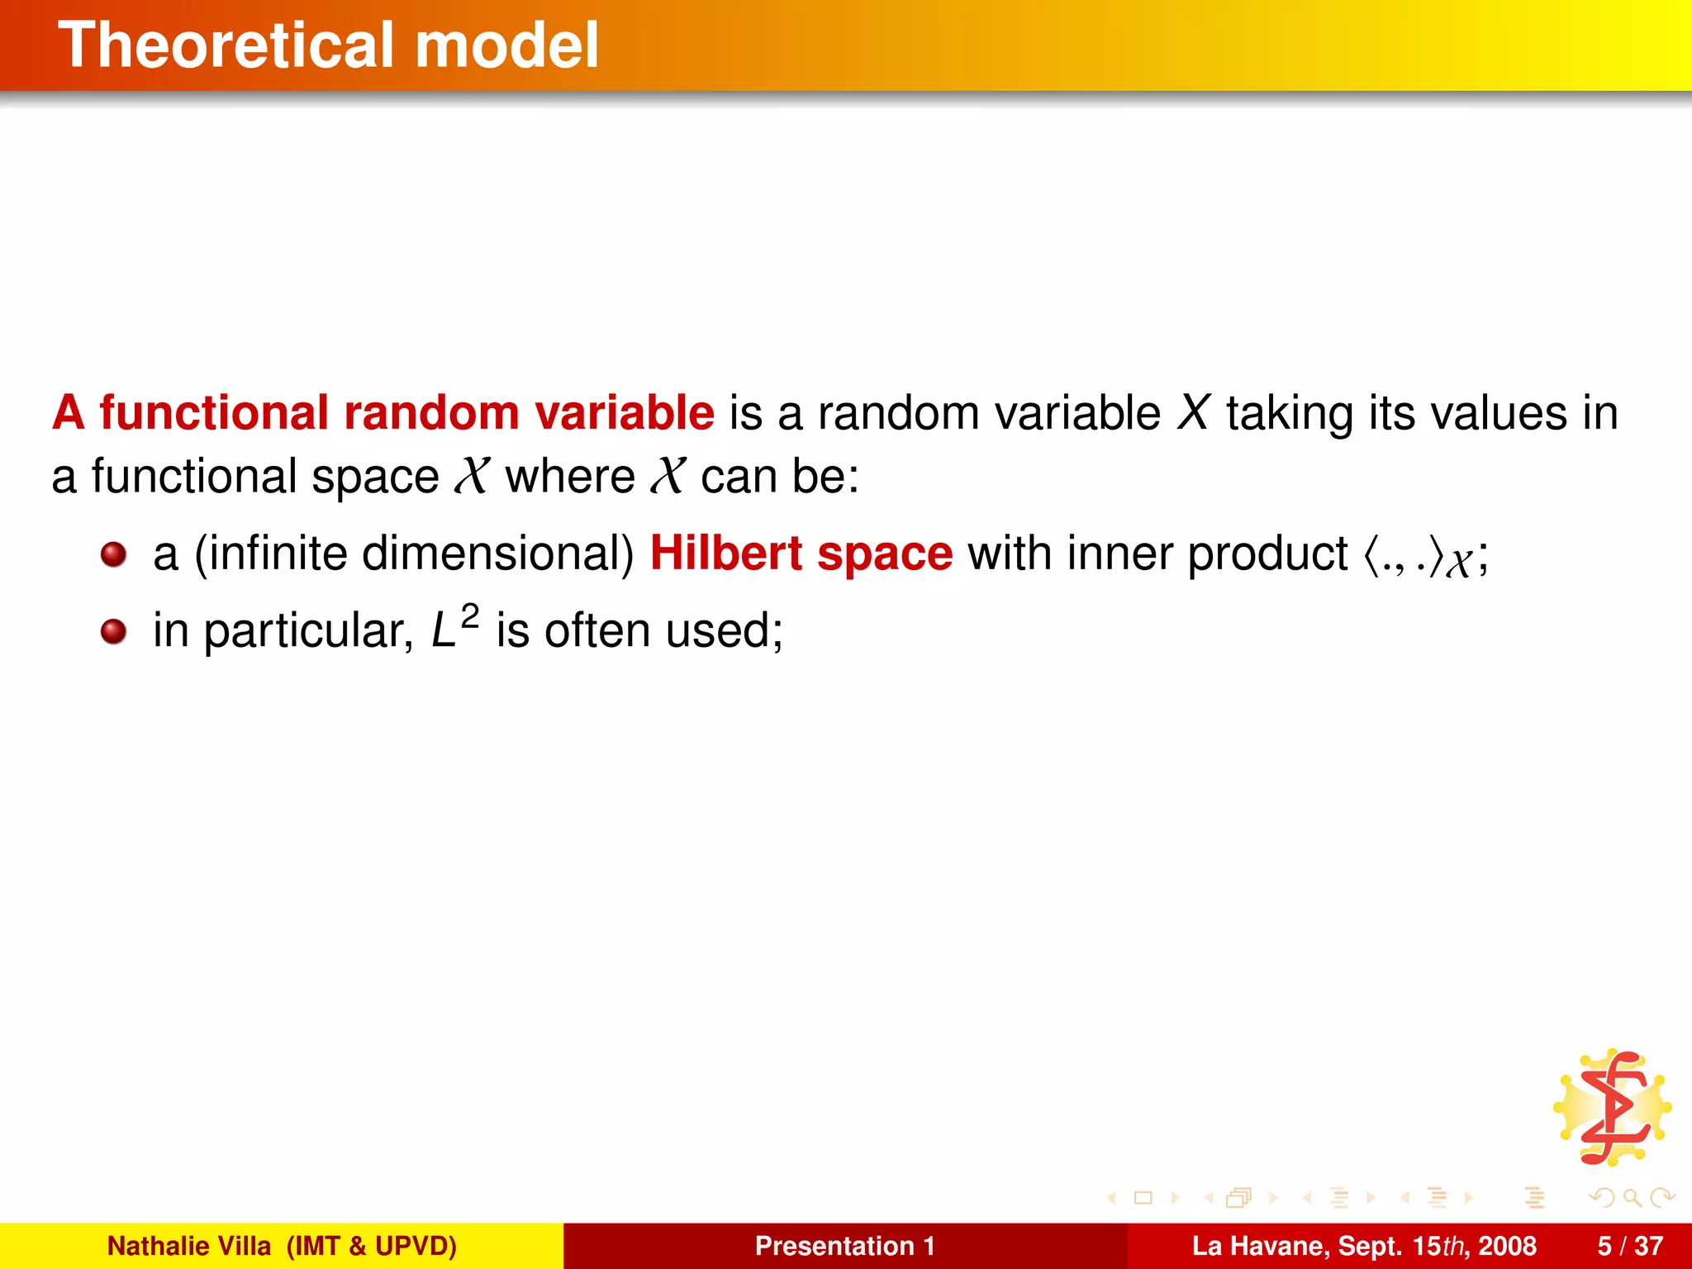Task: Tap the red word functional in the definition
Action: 214,412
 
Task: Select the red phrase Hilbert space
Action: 801,553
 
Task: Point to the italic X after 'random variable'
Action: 1193,412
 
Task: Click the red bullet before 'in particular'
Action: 113,632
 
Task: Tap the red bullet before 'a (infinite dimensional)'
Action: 113,554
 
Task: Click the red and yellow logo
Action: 1612,1108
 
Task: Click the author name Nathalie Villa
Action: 188,1246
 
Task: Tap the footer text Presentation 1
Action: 844,1246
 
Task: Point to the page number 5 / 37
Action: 1630,1246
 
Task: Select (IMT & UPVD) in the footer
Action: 371,1246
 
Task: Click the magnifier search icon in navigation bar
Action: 1632,1197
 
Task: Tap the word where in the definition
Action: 569,477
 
